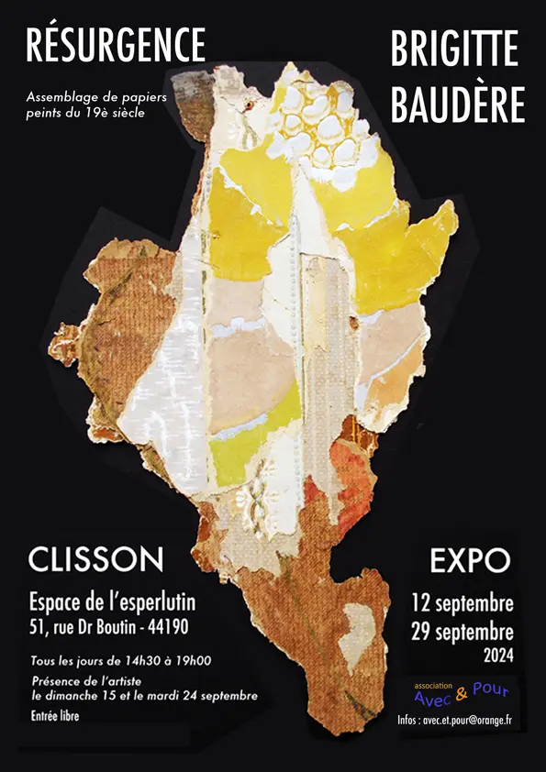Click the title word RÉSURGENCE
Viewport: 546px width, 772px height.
(x=116, y=45)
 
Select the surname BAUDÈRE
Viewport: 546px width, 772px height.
(x=458, y=104)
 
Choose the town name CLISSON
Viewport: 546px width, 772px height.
(x=96, y=559)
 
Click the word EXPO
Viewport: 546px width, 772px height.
(x=470, y=560)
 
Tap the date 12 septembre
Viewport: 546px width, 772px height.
(x=462, y=604)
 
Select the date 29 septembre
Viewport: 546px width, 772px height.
(x=462, y=633)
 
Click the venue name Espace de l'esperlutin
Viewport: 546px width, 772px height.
(x=112, y=602)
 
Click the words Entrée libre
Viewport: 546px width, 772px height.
(x=55, y=716)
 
